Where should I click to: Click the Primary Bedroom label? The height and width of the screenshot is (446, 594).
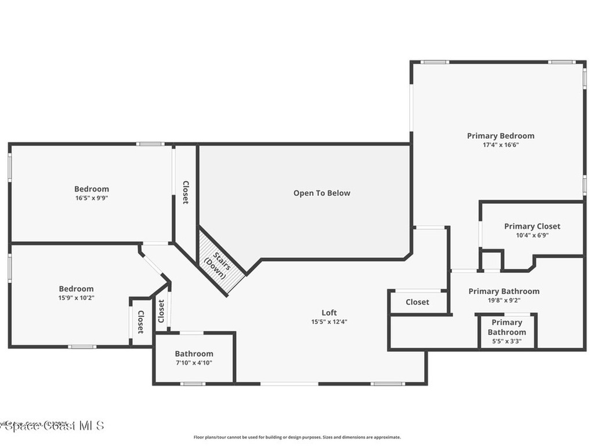click(x=501, y=136)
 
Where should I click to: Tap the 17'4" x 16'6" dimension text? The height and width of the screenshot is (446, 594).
click(x=501, y=145)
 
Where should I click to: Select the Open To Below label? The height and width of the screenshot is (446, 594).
click(x=321, y=193)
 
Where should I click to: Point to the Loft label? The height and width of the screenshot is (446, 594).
click(x=329, y=312)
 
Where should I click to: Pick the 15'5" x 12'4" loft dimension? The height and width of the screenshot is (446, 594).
click(x=329, y=322)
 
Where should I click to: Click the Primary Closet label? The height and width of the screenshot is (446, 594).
click(x=532, y=226)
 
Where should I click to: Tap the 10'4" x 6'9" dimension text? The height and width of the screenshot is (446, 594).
click(x=532, y=235)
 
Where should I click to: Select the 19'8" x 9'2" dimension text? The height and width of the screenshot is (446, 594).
click(x=504, y=300)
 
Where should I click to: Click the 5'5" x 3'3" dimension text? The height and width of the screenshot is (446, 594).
click(x=506, y=341)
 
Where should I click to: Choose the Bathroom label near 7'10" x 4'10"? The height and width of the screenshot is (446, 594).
click(x=194, y=354)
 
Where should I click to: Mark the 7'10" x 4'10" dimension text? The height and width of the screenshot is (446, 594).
click(x=194, y=363)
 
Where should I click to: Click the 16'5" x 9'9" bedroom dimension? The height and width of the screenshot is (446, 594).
click(x=91, y=197)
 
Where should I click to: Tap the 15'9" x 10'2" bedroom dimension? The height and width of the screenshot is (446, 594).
click(x=76, y=297)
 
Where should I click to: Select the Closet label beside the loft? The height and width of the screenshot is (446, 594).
click(x=417, y=302)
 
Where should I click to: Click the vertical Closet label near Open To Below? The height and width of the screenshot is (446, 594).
click(x=186, y=192)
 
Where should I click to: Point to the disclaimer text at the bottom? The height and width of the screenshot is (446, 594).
click(x=296, y=437)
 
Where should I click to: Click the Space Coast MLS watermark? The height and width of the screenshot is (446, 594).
click(x=52, y=426)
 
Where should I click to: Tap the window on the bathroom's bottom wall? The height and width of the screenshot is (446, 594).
click(x=193, y=383)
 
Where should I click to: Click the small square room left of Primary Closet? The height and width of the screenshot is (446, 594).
click(x=491, y=261)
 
